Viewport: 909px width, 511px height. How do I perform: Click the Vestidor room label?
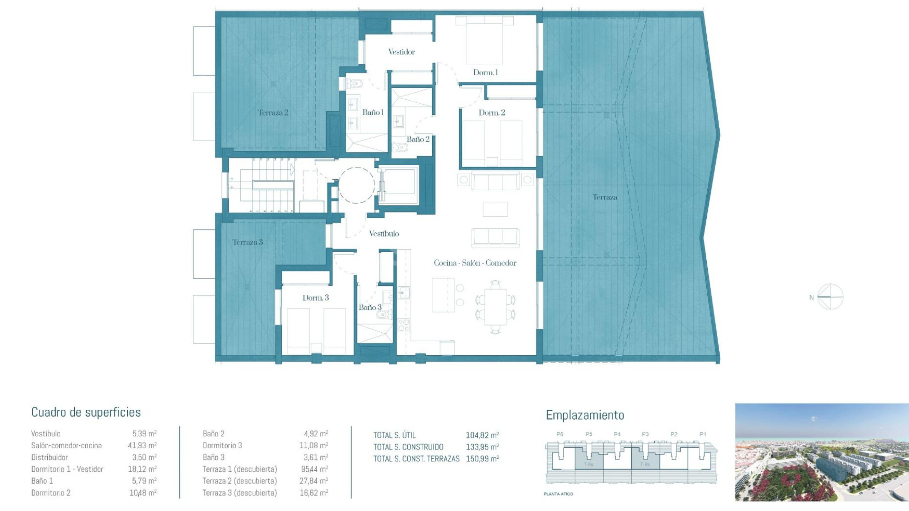[x=401, y=52]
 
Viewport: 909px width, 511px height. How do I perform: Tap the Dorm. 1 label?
[x=485, y=72]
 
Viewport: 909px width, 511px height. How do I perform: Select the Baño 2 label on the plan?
[x=418, y=139]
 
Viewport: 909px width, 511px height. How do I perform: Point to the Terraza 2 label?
[x=273, y=113]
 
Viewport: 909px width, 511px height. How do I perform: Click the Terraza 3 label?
[x=247, y=242]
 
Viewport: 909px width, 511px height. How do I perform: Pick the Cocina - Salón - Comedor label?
[x=475, y=263]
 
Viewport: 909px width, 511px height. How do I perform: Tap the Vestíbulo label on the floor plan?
[x=384, y=234]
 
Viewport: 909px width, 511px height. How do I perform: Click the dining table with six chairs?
[x=495, y=307]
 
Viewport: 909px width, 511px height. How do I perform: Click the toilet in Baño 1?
[x=354, y=84]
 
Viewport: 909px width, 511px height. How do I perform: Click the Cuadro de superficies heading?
[x=86, y=412]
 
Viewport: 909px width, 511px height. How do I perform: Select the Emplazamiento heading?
[x=585, y=415]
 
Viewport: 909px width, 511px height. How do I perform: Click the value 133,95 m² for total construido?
[x=482, y=447]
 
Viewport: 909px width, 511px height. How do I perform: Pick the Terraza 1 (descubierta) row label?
[x=240, y=469]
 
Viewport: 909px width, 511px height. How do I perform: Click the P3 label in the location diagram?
[x=645, y=434]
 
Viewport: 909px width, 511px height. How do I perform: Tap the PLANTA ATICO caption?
[x=558, y=494]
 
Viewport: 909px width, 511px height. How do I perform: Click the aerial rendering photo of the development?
[x=821, y=452]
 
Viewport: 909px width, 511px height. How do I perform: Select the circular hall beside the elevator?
[x=356, y=185]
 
